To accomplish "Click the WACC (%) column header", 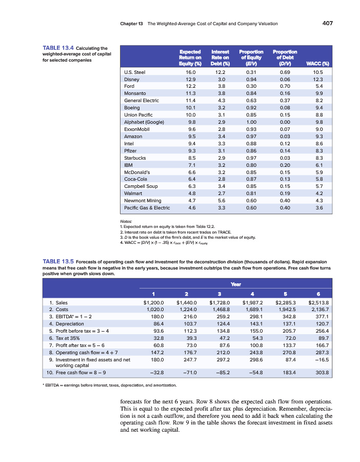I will point(316,63).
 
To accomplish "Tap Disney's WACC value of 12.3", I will point(318,80).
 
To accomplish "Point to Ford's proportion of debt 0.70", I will point(283,87).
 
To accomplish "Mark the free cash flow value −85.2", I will point(219,372).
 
